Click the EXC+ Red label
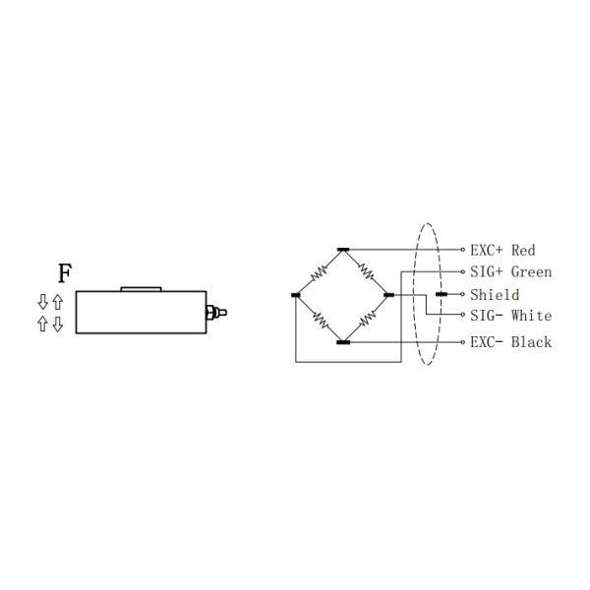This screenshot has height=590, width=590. tap(502, 251)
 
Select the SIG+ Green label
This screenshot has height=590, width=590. tap(510, 272)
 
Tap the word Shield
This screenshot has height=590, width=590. tap(494, 295)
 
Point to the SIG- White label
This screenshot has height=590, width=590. tap(510, 317)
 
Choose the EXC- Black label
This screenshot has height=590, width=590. tap(510, 342)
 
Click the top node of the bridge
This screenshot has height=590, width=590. tap(342, 250)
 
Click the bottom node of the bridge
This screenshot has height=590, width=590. tap(342, 342)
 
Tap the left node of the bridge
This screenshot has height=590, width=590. tap(296, 295)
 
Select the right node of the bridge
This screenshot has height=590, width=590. tap(388, 295)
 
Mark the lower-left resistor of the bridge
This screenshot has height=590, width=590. tap(320, 319)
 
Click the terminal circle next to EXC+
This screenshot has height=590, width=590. tap(463, 250)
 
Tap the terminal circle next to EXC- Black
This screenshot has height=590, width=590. tap(463, 342)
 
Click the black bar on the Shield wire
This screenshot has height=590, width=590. tap(442, 295)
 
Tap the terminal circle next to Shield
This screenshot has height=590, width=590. tap(463, 295)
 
